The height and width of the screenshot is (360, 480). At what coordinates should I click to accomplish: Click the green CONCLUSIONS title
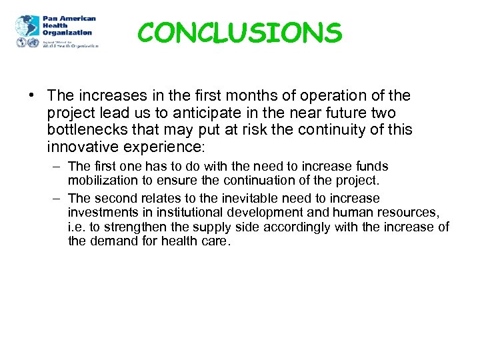point(239,32)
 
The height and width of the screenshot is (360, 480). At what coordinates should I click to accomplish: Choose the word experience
point(171,146)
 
